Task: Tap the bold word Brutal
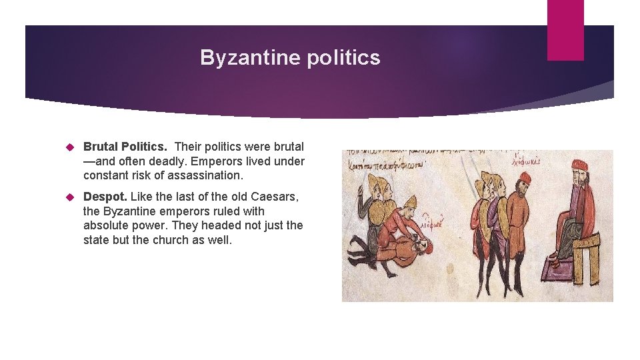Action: point(101,146)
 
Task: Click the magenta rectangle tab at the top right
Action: point(565,30)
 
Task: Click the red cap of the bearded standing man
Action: point(525,178)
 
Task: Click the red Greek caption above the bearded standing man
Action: point(527,161)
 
